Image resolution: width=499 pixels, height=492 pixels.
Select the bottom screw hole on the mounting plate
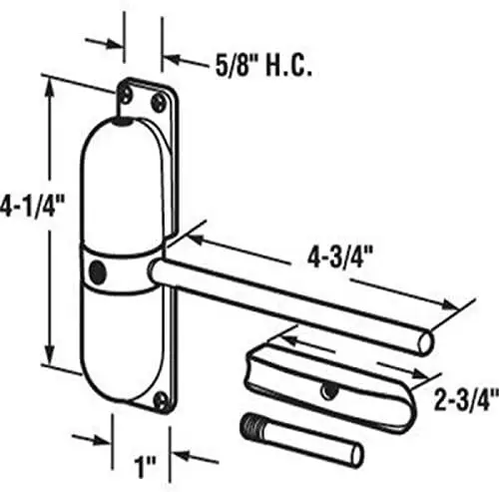161,399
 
